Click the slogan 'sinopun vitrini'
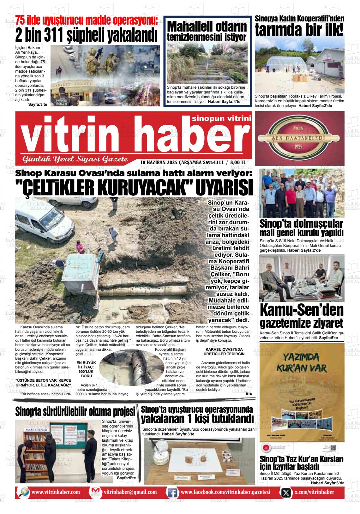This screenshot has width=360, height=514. (221, 118)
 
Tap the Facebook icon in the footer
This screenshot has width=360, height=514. (172, 492)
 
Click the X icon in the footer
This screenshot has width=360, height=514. (286, 492)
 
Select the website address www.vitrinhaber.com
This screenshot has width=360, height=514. (56, 492)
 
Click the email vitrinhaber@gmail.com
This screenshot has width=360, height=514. (130, 492)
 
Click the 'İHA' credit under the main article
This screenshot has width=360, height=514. (249, 394)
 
